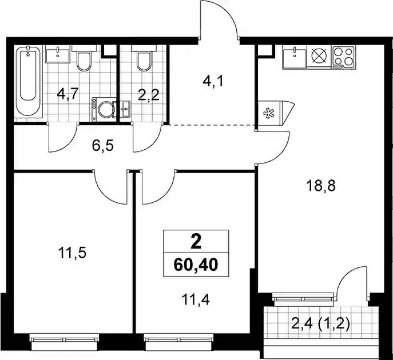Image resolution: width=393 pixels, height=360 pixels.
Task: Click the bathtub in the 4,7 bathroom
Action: pyautogui.click(x=27, y=82)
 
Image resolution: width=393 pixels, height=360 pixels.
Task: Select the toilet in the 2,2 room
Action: pyautogui.click(x=144, y=58)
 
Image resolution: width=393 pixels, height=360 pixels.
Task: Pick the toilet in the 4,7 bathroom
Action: pyautogui.click(x=84, y=58)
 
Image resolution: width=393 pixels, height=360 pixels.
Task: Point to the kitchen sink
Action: pyautogui.click(x=295, y=57)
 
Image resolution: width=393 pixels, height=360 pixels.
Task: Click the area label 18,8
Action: pyautogui.click(x=320, y=186)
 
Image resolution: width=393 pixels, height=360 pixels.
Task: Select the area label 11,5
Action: pyautogui.click(x=72, y=253)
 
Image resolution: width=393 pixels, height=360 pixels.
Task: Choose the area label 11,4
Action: pyautogui.click(x=196, y=299)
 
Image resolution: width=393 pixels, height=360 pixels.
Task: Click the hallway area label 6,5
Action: pyautogui.click(x=103, y=146)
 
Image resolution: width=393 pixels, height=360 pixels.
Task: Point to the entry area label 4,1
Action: pyautogui.click(x=213, y=81)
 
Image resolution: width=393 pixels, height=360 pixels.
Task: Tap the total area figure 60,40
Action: pyautogui.click(x=196, y=265)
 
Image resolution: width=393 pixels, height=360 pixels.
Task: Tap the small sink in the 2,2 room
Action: pyautogui.click(x=125, y=109)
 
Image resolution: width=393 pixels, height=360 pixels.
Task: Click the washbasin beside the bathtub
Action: pyautogui.click(x=57, y=55)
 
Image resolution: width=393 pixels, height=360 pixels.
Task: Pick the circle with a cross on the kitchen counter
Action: pyautogui.click(x=319, y=55)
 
